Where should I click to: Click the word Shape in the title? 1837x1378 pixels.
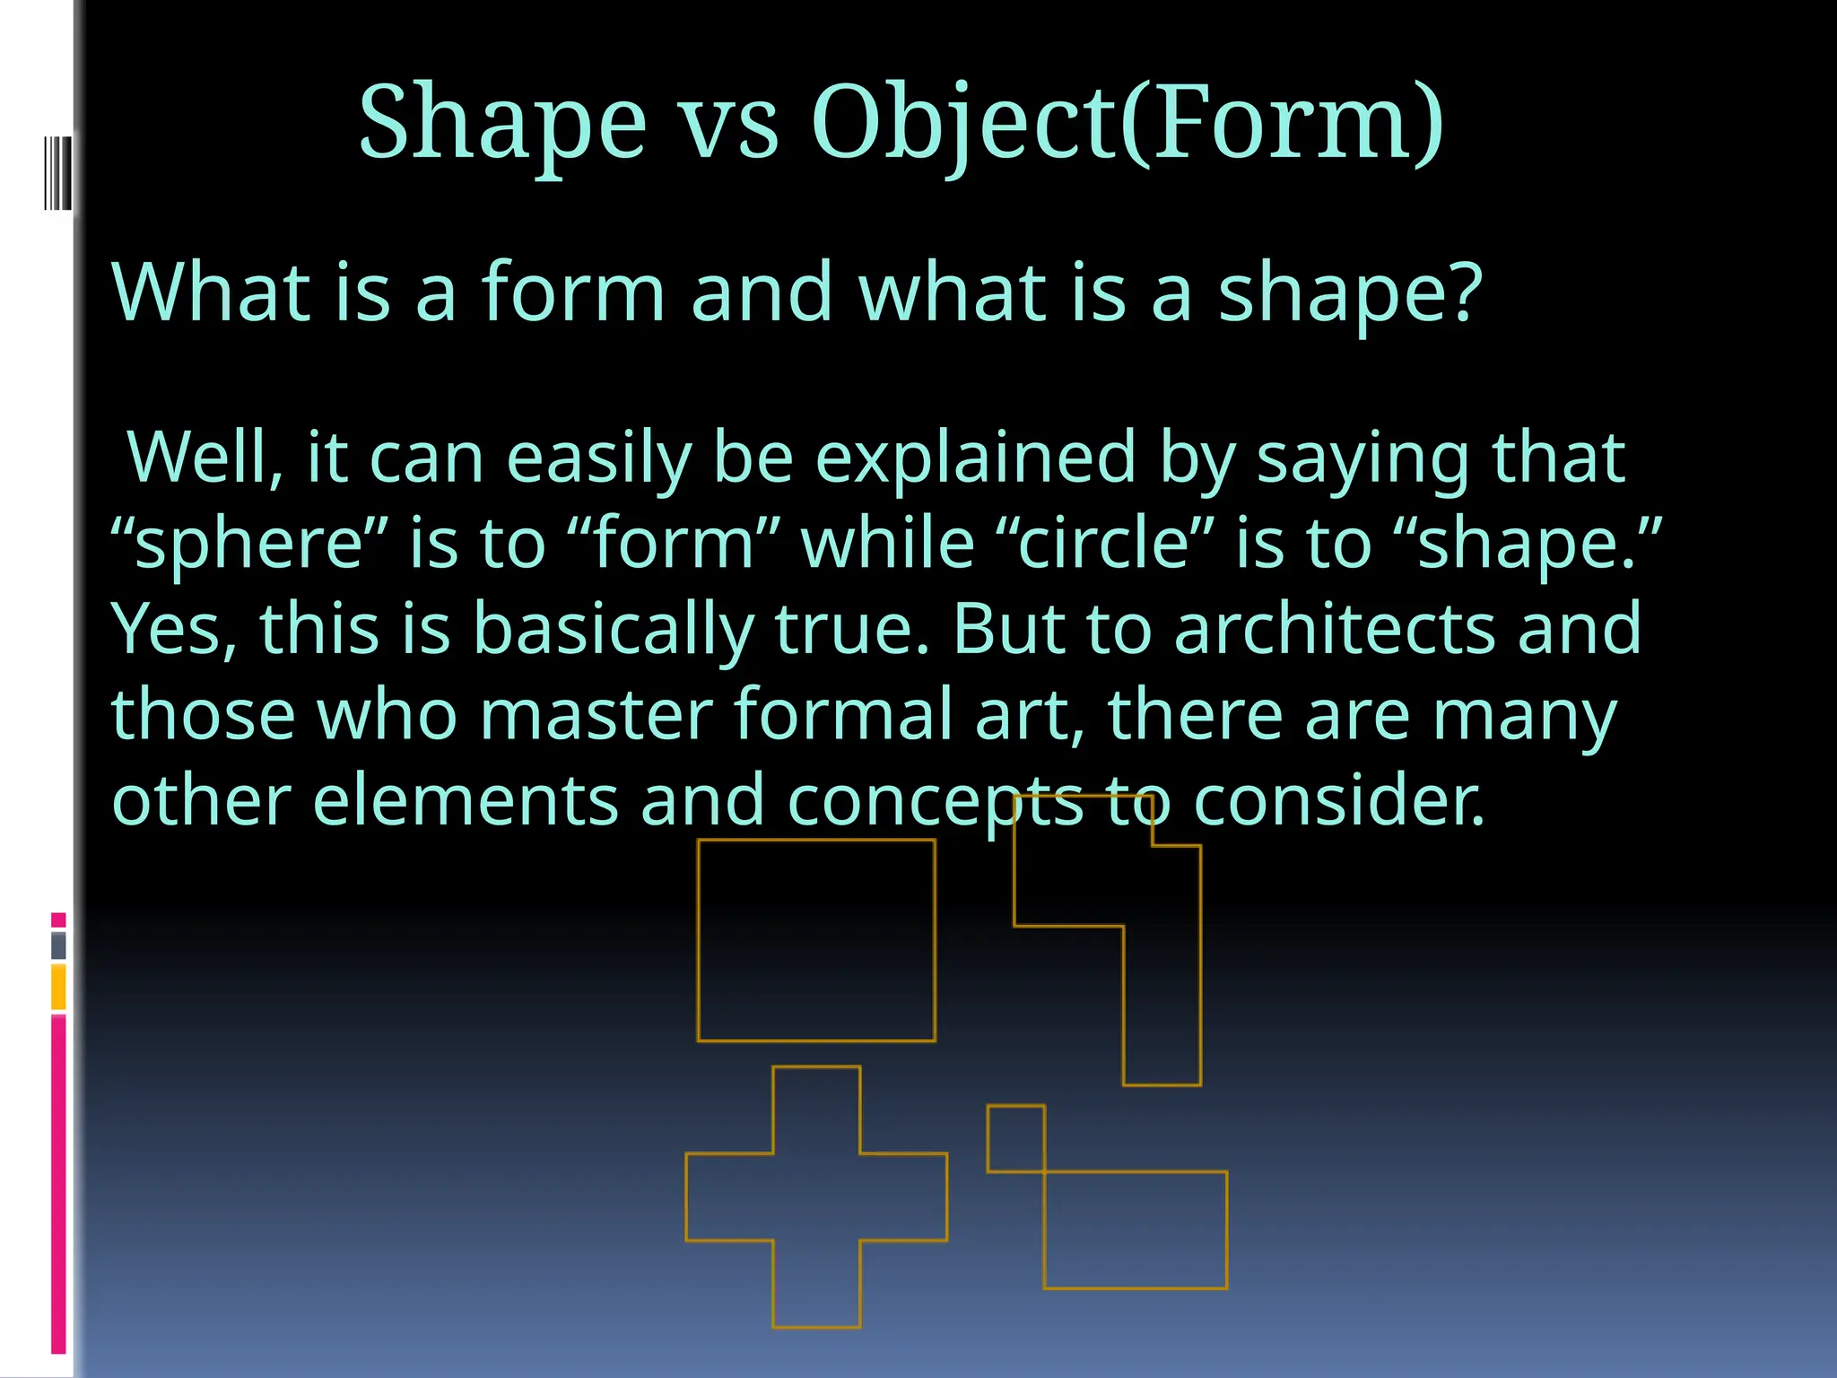pos(502,124)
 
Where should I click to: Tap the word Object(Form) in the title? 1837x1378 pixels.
pos(1127,124)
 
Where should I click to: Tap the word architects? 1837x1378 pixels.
pos(1335,629)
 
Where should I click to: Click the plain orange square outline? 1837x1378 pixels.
pos(816,940)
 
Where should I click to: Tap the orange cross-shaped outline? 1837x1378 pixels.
pos(816,1196)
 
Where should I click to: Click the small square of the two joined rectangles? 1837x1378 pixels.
pos(1015,1138)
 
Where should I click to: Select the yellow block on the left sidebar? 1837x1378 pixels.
pos(58,987)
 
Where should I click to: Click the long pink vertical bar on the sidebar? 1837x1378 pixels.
pos(58,1184)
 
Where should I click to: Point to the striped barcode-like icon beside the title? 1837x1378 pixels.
pos(57,172)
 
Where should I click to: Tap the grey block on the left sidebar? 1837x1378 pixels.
pos(58,946)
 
